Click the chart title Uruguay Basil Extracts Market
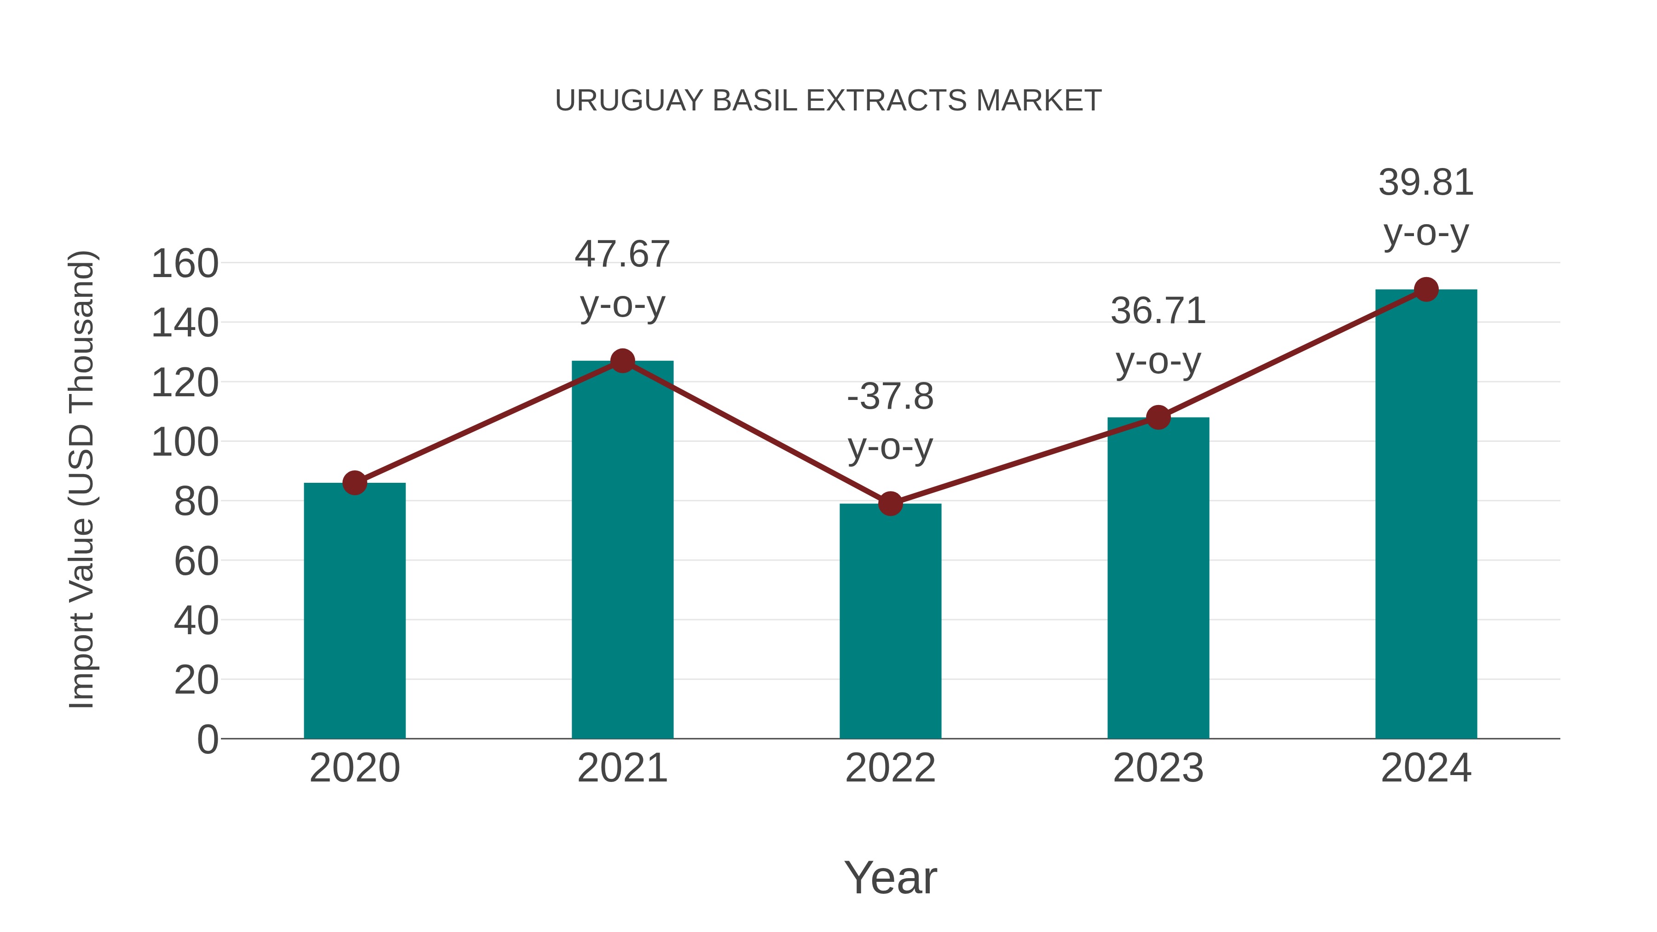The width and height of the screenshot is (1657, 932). click(828, 101)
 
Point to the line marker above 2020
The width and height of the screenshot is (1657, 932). click(354, 482)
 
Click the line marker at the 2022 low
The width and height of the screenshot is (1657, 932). click(890, 504)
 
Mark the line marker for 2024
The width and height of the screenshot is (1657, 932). click(1426, 289)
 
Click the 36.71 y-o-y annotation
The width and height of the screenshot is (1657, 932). click(1158, 336)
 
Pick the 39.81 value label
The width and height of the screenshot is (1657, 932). click(1426, 183)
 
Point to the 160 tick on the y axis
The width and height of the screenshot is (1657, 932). click(185, 264)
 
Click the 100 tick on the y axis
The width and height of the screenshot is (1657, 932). click(185, 442)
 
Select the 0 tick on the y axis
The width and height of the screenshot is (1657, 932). click(207, 740)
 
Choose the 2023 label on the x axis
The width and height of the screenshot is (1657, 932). click(1158, 768)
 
